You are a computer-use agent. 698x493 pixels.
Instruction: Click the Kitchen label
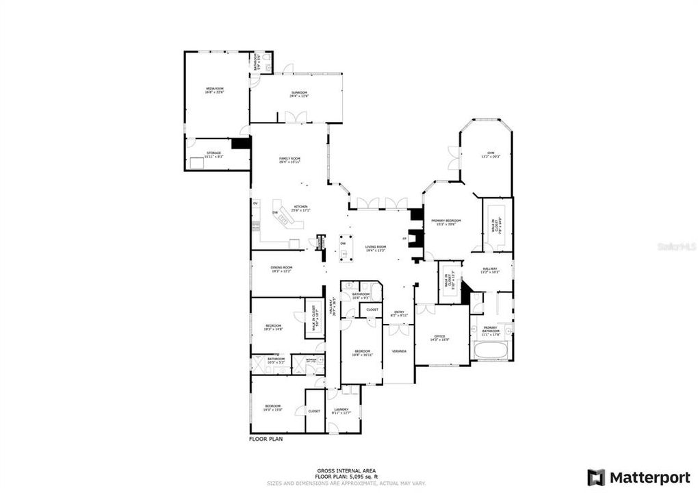click(x=301, y=208)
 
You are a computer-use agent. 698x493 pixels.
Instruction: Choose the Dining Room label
click(x=282, y=269)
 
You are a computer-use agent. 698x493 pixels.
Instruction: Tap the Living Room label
click(x=375, y=249)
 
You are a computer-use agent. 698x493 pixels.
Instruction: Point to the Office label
click(x=439, y=337)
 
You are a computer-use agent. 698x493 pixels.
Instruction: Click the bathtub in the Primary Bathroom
click(x=489, y=353)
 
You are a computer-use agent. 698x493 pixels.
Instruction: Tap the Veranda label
click(x=399, y=351)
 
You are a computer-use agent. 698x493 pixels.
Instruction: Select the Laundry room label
click(x=341, y=411)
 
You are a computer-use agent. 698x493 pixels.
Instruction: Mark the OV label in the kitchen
click(x=255, y=203)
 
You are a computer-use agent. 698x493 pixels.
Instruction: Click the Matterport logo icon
click(x=596, y=477)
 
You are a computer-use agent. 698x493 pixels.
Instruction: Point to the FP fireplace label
click(x=404, y=239)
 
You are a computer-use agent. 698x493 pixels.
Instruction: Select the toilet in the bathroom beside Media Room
click(x=267, y=66)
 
